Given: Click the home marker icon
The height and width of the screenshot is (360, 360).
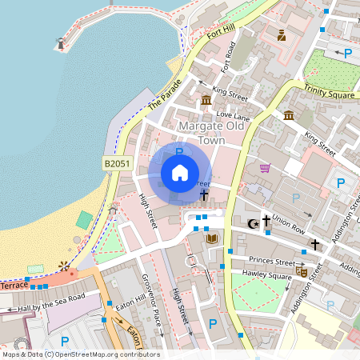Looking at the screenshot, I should pos(180,172).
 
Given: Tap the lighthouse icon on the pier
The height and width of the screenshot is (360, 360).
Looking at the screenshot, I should pos(59,43).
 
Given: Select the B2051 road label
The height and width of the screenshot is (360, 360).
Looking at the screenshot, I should pos(117,163).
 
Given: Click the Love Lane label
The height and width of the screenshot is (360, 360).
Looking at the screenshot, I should pos(234,114).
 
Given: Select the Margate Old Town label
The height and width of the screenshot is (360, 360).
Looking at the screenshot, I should pos(212,134).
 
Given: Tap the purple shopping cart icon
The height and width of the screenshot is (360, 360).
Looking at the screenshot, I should pos(265,168).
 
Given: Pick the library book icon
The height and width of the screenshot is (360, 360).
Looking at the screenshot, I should pos(211,238).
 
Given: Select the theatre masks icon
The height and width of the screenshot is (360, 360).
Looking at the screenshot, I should pos(302,271).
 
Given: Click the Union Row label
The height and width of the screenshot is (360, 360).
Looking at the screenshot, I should pos(289,219).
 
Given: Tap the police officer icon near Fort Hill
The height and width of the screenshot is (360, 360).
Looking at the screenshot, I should pos(282,34).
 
